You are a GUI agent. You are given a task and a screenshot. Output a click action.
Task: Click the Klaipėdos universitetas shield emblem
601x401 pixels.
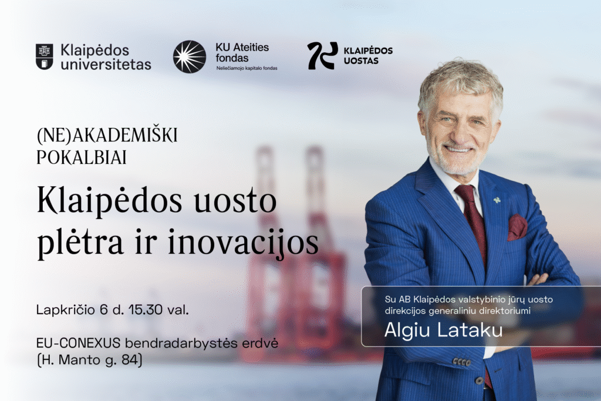click(x=45, y=57)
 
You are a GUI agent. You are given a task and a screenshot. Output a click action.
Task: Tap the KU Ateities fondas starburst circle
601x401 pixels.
click(x=190, y=57)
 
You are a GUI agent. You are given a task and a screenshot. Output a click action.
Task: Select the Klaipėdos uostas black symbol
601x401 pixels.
click(x=322, y=56)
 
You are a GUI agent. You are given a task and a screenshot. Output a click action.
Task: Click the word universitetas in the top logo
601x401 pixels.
click(x=106, y=65)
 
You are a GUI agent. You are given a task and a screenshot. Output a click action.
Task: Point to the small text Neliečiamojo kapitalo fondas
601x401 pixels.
click(x=247, y=68)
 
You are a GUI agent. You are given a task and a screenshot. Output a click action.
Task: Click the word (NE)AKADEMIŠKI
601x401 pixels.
click(x=107, y=135)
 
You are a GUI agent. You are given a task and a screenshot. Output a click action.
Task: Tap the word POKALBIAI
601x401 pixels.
click(x=81, y=157)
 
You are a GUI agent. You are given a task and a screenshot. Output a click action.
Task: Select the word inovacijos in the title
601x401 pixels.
click(x=244, y=242)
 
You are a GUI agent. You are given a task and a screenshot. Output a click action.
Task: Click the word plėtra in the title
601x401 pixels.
click(x=80, y=242)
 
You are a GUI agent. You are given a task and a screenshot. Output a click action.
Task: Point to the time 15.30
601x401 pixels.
click(x=146, y=309)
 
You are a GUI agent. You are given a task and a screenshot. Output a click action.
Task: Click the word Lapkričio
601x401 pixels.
click(x=66, y=310)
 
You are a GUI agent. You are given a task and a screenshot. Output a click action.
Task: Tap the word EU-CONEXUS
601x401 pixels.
click(x=79, y=343)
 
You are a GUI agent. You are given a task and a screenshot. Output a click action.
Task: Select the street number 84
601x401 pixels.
click(x=130, y=360)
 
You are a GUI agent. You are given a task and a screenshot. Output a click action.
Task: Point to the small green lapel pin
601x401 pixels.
click(x=497, y=200)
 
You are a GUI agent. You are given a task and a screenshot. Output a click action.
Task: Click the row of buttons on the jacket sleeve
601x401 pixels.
click(x=461, y=362)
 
